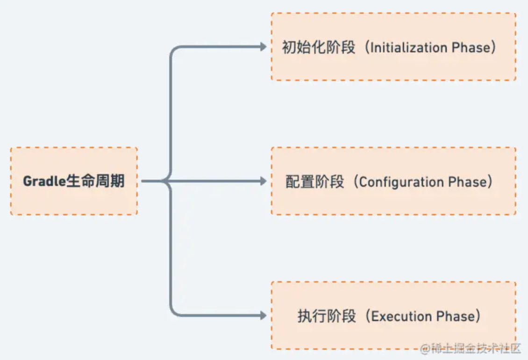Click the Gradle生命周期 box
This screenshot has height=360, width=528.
(74, 181)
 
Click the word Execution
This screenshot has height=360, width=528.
(402, 316)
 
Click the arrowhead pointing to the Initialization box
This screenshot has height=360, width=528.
(263, 47)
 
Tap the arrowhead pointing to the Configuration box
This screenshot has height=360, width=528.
(263, 181)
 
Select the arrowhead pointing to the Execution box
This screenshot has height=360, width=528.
(263, 316)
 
